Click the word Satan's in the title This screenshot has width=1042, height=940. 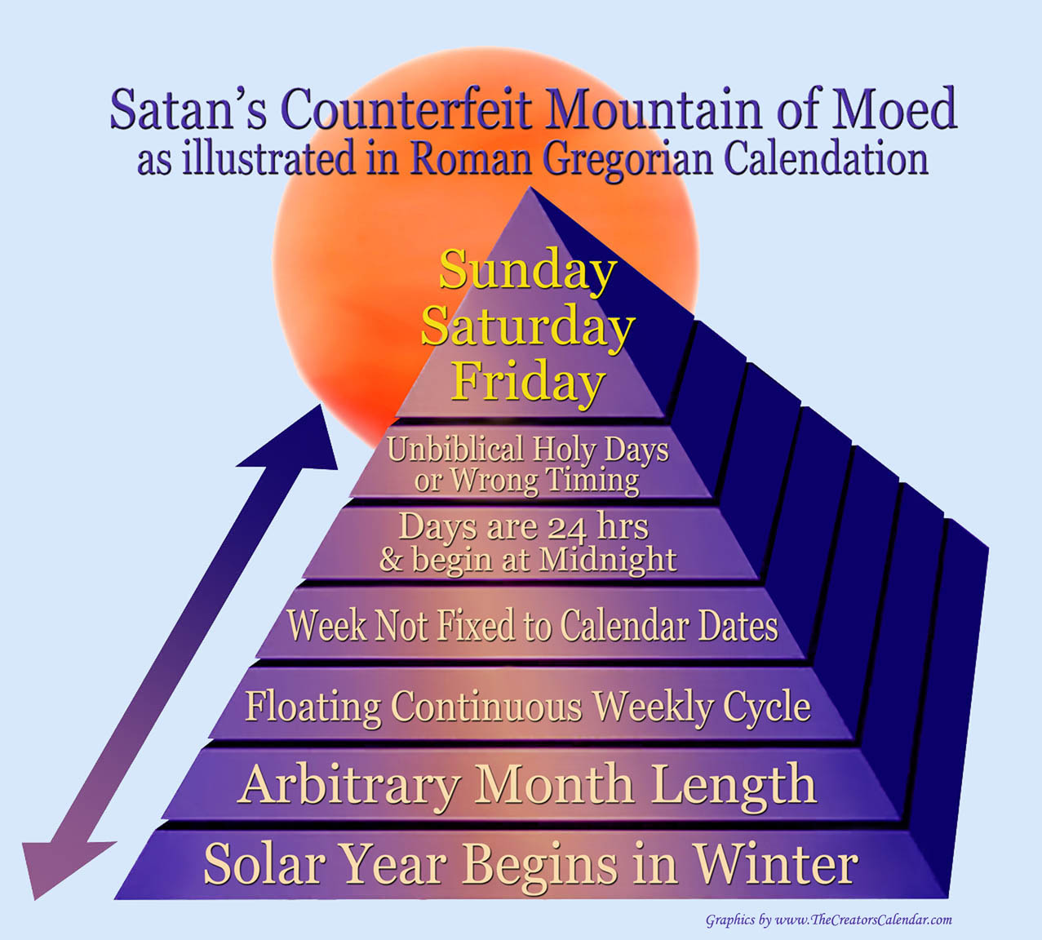click(x=188, y=109)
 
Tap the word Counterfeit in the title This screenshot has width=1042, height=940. click(x=406, y=109)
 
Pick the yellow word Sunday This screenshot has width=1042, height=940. click(x=528, y=270)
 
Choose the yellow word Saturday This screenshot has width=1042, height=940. click(x=528, y=327)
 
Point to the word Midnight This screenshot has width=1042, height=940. click(x=607, y=560)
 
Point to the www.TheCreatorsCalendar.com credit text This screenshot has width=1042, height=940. click(x=864, y=920)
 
